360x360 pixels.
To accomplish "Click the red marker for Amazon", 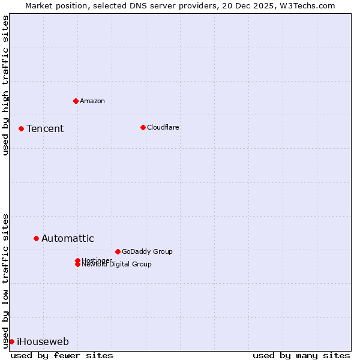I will pos(76,101).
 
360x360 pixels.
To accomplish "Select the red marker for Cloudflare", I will pos(143,127).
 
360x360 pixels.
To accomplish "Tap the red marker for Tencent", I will pos(21,128).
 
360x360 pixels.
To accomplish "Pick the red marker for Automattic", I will pos(36,238).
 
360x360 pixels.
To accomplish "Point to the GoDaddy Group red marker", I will pos(118,251).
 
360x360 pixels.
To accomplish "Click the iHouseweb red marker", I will pos(11,341).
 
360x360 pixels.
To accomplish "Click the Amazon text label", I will pos(92,101).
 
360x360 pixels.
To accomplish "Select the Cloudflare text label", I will pos(163,127).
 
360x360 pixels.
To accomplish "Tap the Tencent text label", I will pos(45,128).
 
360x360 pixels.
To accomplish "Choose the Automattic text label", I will pos(67,238).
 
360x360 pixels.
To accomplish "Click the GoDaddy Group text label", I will pos(147,251).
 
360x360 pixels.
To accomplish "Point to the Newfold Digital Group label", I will pos(117,265).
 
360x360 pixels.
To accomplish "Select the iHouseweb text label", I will pos(43,341).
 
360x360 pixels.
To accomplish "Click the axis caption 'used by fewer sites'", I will pos(62,355).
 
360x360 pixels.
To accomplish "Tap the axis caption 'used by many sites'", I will pos(301,355).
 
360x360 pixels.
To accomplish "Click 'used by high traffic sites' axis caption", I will pos(6,85).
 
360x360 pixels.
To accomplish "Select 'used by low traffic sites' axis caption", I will pos(6,281).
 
